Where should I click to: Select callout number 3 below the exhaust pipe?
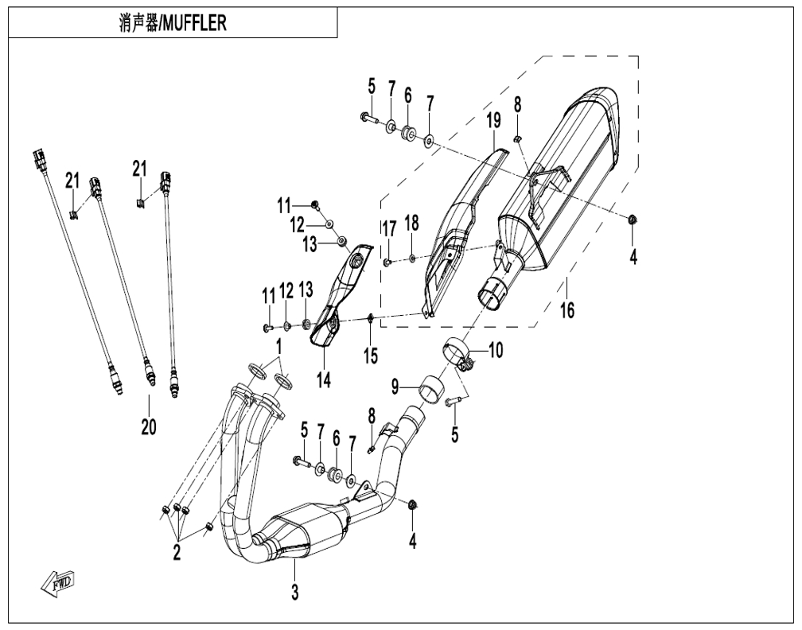[295, 592]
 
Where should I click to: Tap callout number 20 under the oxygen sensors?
[149, 426]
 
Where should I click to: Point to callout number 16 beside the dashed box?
[567, 309]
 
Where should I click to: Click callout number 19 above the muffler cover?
[493, 121]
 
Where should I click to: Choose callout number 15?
[371, 356]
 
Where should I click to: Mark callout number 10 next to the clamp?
[496, 350]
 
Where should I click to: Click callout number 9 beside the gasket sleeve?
[395, 387]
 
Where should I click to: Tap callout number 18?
[412, 223]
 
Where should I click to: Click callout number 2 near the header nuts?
[177, 552]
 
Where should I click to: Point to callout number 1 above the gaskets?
[279, 346]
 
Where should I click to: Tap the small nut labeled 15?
[370, 320]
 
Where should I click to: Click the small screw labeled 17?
[387, 262]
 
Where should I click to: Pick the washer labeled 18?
[412, 259]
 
